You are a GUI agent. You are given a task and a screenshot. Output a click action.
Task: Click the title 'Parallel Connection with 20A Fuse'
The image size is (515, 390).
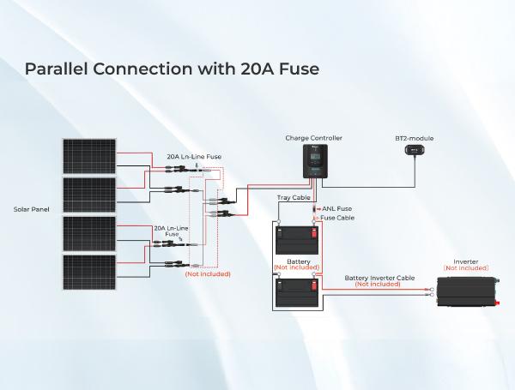(x=172, y=69)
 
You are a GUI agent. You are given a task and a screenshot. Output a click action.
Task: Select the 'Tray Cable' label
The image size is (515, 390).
(x=292, y=198)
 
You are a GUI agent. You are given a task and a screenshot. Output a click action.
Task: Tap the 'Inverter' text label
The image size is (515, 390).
(x=465, y=261)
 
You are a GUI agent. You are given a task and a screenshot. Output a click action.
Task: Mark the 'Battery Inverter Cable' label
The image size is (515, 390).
(x=378, y=278)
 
